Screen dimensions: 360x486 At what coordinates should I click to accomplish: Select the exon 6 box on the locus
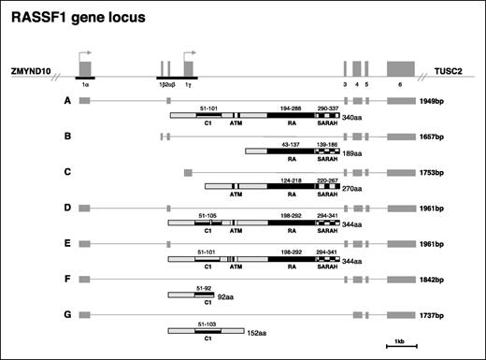coord(400,68)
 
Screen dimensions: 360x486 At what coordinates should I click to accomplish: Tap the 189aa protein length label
coord(352,153)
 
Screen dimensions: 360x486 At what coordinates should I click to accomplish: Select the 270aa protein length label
coord(352,188)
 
